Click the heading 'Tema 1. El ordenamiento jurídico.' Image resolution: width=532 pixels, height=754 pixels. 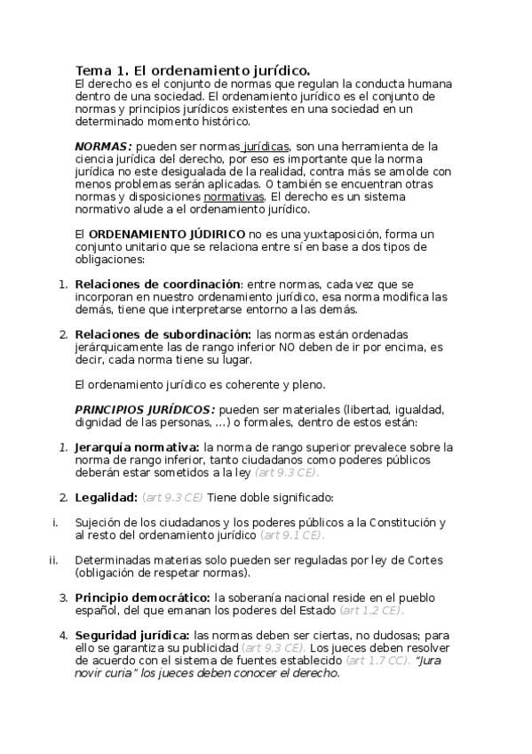193,70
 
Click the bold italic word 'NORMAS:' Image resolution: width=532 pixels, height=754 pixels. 103,146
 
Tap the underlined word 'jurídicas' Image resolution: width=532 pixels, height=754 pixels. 266,146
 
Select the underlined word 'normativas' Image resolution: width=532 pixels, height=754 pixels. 234,197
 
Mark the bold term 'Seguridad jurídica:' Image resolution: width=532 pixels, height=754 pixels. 132,635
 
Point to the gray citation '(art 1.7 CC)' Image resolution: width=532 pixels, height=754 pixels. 377,661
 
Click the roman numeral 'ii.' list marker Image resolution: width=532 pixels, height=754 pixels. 53,560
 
